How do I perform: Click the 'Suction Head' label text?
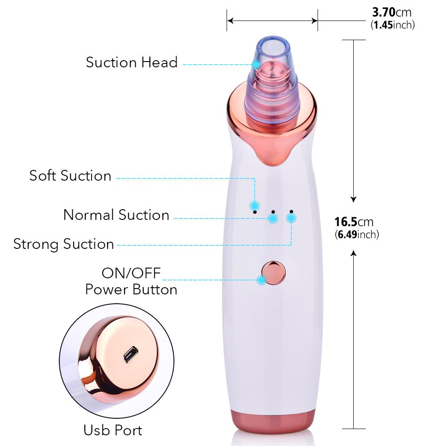pos(132,62)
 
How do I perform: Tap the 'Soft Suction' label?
pos(70,175)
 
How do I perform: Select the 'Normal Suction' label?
pos(116,215)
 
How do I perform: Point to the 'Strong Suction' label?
pos(64,244)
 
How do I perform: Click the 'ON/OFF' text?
pos(131,273)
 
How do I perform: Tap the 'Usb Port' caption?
pos(113,430)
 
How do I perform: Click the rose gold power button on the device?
pos(273,273)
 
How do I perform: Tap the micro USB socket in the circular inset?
pos(131,355)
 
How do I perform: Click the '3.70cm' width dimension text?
pos(392,12)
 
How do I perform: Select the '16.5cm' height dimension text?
pos(354,222)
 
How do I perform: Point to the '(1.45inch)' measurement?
pos(392,25)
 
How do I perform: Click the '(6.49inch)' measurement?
pos(357,235)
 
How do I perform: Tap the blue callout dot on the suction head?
pos(256,64)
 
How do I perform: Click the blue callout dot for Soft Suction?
pos(255,205)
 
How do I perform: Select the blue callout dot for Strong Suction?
pos(291,218)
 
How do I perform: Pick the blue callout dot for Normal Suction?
pos(273,219)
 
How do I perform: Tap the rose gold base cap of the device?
pos(273,421)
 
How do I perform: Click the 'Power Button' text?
pos(131,289)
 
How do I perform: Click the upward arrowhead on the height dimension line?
pos(353,253)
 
